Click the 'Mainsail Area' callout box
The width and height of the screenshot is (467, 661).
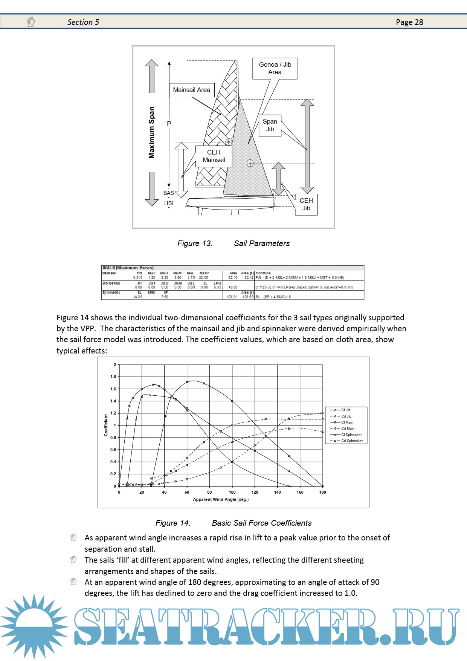[192, 90]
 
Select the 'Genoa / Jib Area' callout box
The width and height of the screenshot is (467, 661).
[275, 69]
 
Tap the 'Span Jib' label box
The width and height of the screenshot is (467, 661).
[270, 125]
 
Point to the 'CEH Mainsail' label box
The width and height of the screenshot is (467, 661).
[214, 156]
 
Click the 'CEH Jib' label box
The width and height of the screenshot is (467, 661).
[306, 205]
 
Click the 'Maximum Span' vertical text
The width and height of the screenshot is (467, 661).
[152, 133]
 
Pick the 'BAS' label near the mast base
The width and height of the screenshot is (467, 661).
[168, 193]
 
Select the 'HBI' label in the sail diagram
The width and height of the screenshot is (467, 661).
[169, 204]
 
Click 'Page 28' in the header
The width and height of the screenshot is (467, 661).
[409, 22]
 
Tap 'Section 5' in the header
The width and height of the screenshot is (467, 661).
[83, 22]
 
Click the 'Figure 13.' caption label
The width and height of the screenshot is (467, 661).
[195, 243]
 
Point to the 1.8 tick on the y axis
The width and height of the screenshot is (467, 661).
[113, 377]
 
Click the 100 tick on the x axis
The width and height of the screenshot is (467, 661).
[232, 492]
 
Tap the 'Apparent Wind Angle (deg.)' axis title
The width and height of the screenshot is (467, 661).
[221, 500]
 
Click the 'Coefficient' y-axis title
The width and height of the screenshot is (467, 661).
[106, 425]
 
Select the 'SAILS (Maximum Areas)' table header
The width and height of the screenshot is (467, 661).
[128, 268]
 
